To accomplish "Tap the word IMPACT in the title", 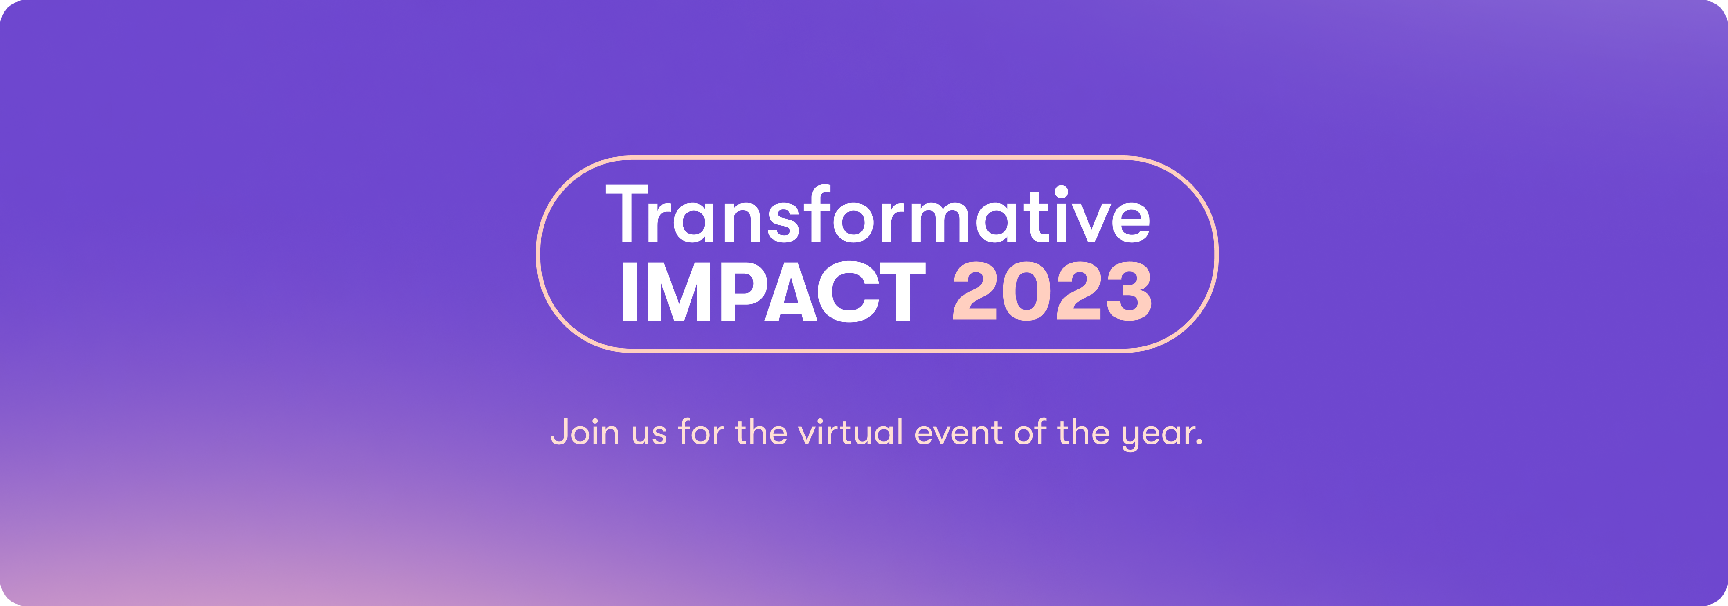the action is pyautogui.click(x=774, y=291).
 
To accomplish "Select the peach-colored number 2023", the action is pyautogui.click(x=1052, y=291).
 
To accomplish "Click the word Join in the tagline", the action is pyautogui.click(x=584, y=432).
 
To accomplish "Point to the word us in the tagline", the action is pyautogui.click(x=649, y=435).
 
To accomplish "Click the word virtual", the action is pyautogui.click(x=850, y=432).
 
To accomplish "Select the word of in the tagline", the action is pyautogui.click(x=1030, y=432).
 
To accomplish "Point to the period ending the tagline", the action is pyautogui.click(x=1199, y=442).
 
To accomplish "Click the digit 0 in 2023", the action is pyautogui.click(x=1026, y=291).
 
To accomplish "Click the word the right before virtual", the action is pyautogui.click(x=761, y=432).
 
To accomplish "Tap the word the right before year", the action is pyautogui.click(x=1084, y=432).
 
